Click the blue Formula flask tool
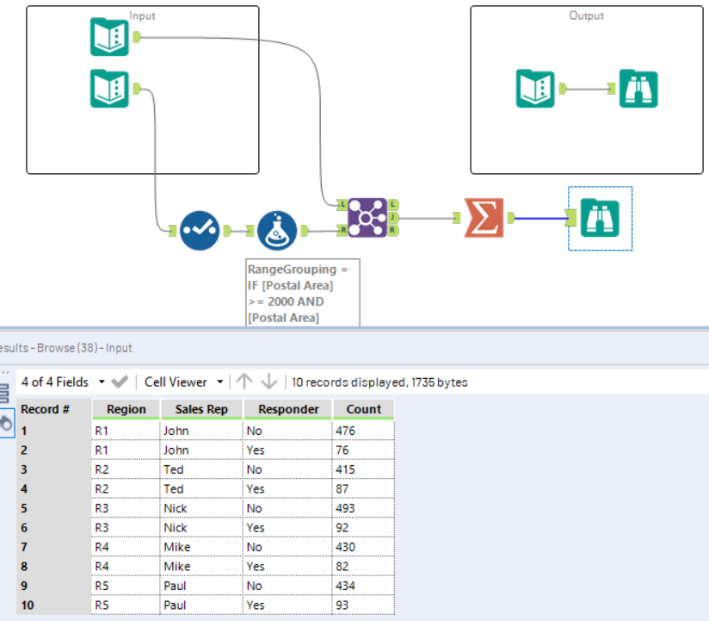277,230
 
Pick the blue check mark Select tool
200,230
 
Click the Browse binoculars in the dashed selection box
600,218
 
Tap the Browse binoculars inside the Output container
638,88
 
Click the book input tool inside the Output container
535,88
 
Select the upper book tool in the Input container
109,37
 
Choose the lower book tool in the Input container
109,88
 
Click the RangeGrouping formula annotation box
302,294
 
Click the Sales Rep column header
201,409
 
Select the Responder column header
287,409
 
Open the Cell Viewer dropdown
184,382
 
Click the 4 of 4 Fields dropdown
63,382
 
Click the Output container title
586,16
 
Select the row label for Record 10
28,605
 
